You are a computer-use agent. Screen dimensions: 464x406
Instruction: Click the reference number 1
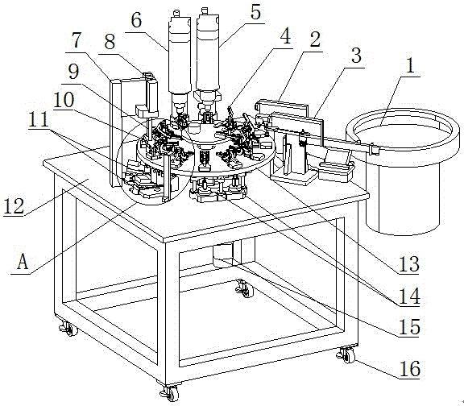point(410,65)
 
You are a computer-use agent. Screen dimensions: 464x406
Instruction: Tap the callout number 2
point(315,39)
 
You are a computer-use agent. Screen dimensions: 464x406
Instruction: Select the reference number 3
point(356,55)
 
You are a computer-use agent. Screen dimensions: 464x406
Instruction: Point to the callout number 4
point(285,36)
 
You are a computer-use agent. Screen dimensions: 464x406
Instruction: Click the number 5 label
point(255,12)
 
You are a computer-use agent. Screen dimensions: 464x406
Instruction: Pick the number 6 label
point(136,20)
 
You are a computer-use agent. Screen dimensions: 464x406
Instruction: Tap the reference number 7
point(77,40)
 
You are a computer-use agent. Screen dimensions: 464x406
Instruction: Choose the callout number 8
point(110,41)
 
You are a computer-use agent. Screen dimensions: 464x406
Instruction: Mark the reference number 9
point(73,72)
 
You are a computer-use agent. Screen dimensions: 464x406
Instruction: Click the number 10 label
point(64,100)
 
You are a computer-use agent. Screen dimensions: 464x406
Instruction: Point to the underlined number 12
point(14,205)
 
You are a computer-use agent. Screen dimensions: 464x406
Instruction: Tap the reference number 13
point(409,264)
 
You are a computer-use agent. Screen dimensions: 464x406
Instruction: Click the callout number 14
point(409,296)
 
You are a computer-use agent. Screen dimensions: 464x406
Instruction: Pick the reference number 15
point(409,327)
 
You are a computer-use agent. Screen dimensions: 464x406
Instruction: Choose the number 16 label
point(410,369)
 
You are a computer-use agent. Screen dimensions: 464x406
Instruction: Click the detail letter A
point(23,262)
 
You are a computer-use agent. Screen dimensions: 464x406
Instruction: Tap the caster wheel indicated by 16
point(347,354)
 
